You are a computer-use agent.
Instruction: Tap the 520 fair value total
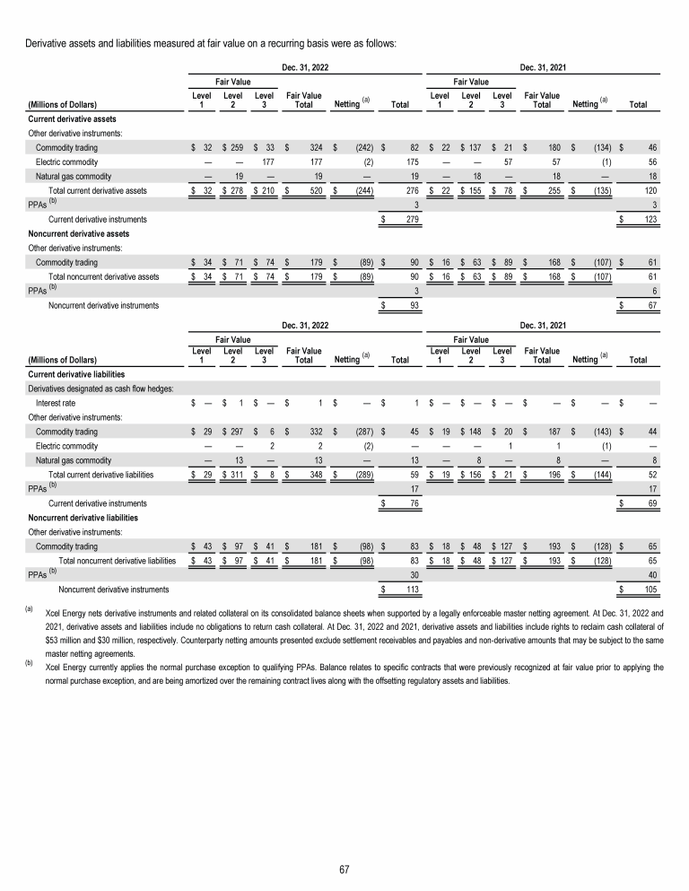[304, 191]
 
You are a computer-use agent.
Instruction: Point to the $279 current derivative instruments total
[413, 220]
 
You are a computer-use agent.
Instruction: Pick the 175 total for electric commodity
[413, 162]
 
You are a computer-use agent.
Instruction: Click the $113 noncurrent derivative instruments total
[412, 590]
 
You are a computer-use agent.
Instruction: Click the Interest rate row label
[55, 404]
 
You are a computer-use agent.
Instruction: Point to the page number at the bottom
[344, 869]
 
